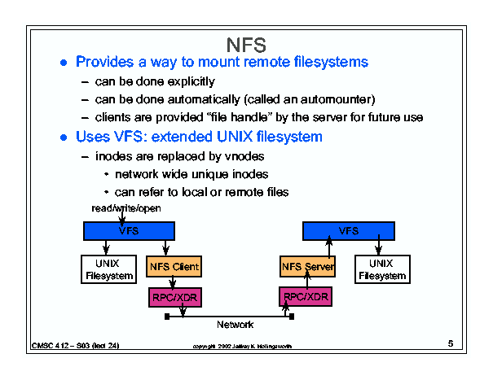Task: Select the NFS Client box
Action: pos(174,266)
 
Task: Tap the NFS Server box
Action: pos(307,266)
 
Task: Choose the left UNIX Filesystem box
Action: pos(110,269)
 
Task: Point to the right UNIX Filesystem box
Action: pos(381,269)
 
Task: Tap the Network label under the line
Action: pos(235,325)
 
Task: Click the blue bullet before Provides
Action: pos(64,63)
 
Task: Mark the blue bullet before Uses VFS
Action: pos(64,137)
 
